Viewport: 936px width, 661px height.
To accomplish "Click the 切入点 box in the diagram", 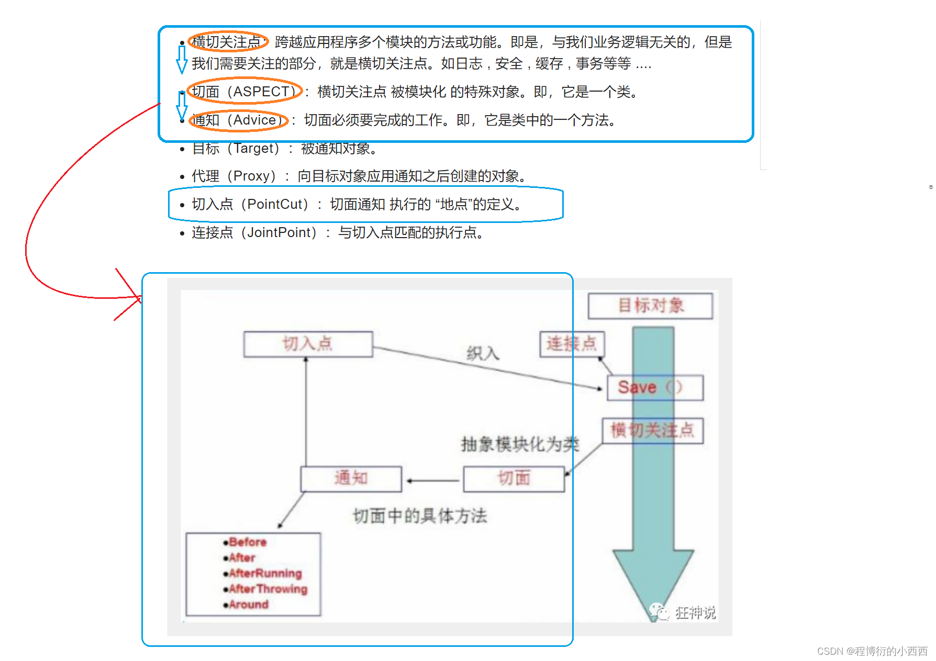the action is click(308, 344).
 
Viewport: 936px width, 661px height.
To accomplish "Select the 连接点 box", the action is click(572, 344).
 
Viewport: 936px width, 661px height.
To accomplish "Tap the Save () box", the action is click(654, 388).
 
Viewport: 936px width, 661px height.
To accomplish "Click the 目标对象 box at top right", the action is click(650, 306).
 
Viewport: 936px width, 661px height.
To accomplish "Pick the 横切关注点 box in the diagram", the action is click(652, 430).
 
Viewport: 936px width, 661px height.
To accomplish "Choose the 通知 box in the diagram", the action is click(351, 478).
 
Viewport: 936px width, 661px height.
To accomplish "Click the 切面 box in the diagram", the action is click(514, 478).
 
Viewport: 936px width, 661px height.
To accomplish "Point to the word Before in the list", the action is click(248, 542).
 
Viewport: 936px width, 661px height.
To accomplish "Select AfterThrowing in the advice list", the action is click(268, 589).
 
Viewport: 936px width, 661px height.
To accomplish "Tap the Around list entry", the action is click(249, 605).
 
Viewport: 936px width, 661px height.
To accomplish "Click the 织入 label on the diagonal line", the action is click(483, 354).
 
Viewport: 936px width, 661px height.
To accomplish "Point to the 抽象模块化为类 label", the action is click(520, 444).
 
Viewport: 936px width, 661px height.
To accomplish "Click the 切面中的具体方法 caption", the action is click(420, 516).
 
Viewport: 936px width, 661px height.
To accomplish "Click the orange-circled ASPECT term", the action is click(260, 92).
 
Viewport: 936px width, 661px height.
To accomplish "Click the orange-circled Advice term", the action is click(254, 120).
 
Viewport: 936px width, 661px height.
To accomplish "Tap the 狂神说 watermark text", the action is click(695, 612).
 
